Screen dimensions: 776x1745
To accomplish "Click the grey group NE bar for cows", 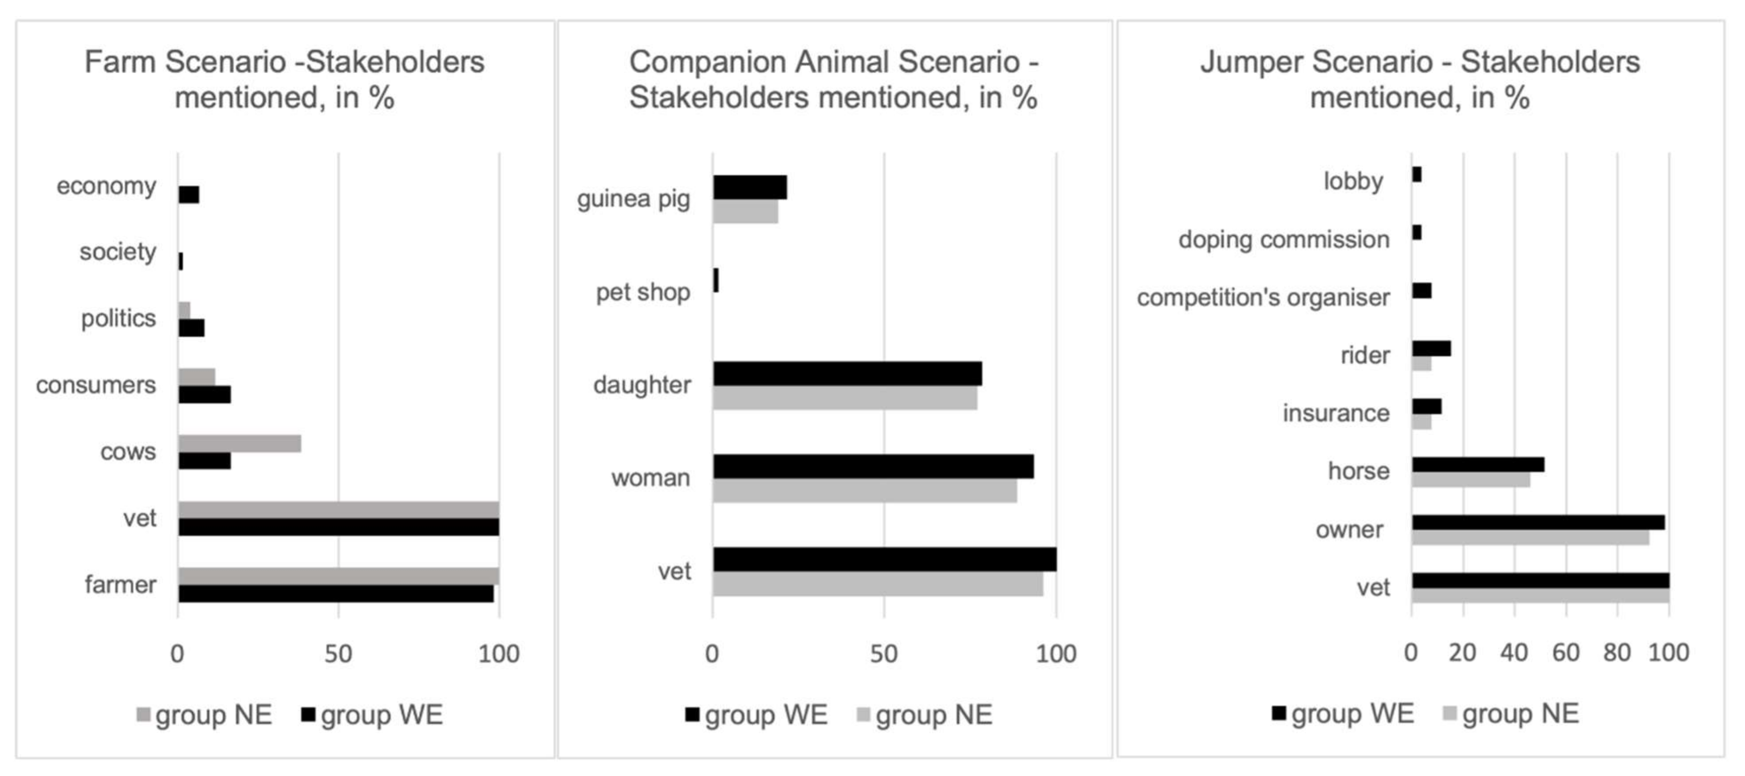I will [x=240, y=444].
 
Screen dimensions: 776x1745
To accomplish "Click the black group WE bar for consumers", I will [x=205, y=395].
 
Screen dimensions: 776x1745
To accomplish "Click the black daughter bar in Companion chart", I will [x=847, y=374].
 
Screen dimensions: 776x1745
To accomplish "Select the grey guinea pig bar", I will [x=745, y=212].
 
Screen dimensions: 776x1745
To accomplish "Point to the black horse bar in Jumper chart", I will [x=1478, y=465].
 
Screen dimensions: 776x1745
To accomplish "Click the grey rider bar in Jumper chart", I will [x=1421, y=364].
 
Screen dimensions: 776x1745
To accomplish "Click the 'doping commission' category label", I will [x=1284, y=240].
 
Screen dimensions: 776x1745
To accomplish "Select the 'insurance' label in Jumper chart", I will [x=1336, y=413].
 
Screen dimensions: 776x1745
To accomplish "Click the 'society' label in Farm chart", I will [x=118, y=252].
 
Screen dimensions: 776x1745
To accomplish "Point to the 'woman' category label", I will [x=650, y=478].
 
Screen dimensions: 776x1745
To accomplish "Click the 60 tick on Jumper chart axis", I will [x=1565, y=653].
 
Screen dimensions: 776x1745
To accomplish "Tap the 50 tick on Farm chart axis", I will [x=338, y=654].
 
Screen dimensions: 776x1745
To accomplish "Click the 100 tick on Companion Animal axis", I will [x=1056, y=654].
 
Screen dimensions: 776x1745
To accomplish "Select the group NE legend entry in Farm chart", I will [x=205, y=715].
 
